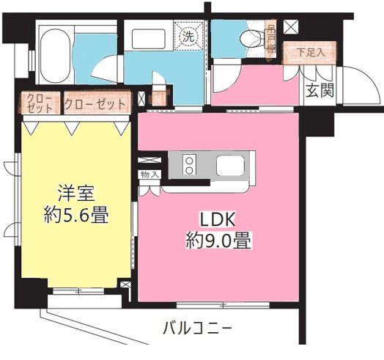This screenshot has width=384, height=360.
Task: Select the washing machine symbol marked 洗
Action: (188, 34)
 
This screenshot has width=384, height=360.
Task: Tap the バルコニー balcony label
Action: (197, 327)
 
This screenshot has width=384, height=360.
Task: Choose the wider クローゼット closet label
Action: (95, 104)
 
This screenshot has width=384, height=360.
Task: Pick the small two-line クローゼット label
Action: (40, 103)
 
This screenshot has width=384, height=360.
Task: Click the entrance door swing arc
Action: (359, 81)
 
